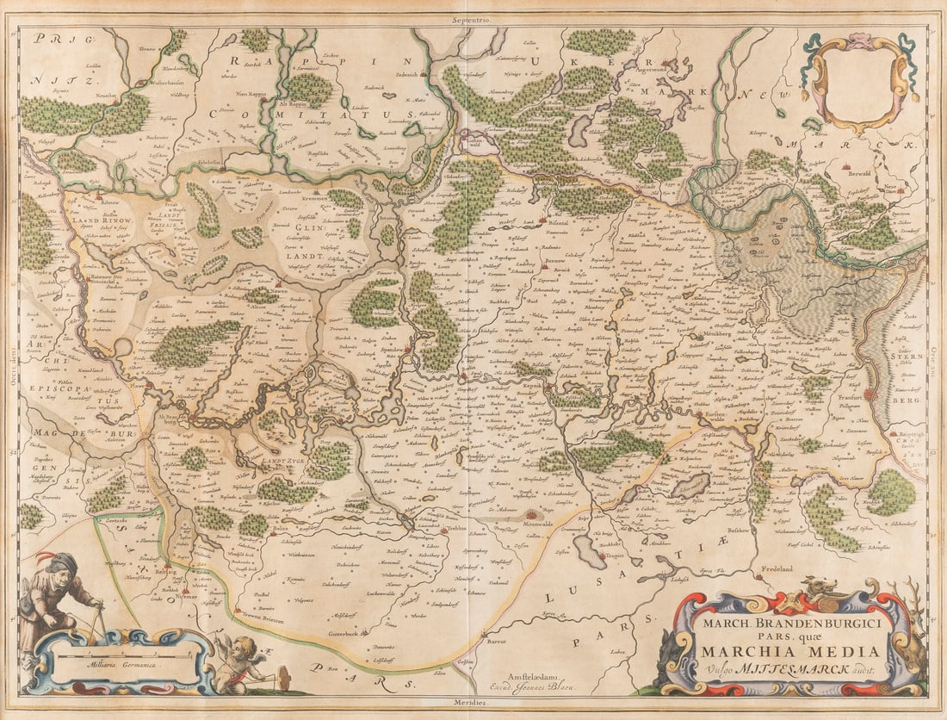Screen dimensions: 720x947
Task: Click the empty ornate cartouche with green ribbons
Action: [859, 81]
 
